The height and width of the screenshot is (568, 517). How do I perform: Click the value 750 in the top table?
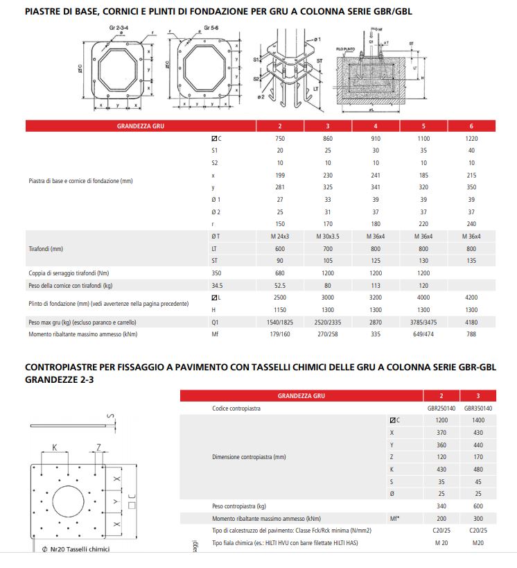pos(280,138)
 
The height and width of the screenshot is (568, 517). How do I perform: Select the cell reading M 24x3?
pos(280,236)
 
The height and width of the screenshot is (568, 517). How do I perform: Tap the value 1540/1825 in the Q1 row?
pos(280,322)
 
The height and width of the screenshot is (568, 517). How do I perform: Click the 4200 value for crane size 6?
pos(472,297)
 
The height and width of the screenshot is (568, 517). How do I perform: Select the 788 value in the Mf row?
pos(472,334)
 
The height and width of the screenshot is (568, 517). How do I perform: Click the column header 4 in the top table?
pos(376,126)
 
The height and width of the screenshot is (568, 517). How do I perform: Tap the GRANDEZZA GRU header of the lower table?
pos(301,396)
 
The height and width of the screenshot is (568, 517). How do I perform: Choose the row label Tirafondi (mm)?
pos(46,248)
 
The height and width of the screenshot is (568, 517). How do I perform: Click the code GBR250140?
pos(441,408)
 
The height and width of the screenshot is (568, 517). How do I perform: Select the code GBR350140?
pos(478,408)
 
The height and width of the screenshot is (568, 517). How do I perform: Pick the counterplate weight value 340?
pos(441,506)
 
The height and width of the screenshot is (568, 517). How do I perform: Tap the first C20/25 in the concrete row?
pos(441,531)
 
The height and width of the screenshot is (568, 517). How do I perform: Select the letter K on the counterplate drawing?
pos(54,448)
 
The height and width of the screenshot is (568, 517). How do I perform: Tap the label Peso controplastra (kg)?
pos(239,506)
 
